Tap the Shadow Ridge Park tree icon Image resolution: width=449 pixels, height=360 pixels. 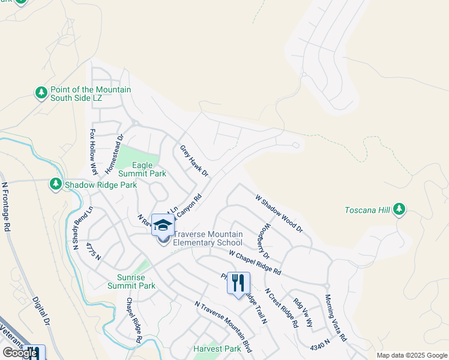pyautogui.click(x=56, y=184)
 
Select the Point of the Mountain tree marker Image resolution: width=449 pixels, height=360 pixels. pyautogui.click(x=41, y=94)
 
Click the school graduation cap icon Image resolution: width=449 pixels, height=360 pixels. pyautogui.click(x=163, y=225)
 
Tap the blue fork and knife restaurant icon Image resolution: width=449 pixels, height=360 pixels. pyautogui.click(x=238, y=283)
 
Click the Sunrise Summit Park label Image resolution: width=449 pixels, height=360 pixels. pyautogui.click(x=131, y=281)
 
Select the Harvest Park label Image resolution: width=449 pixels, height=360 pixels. pyautogui.click(x=217, y=349)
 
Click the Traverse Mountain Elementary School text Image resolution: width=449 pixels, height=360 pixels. pyautogui.click(x=208, y=238)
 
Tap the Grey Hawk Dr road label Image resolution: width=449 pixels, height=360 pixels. pyautogui.click(x=194, y=161)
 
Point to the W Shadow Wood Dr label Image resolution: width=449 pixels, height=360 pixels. pyautogui.click(x=279, y=213)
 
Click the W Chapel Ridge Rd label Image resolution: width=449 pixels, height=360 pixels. pyautogui.click(x=255, y=262)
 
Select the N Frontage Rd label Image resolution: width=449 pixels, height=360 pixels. pyautogui.click(x=7, y=207)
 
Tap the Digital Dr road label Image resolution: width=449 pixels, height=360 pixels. pyautogui.click(x=40, y=310)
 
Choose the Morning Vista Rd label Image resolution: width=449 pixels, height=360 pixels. pyautogui.click(x=336, y=317)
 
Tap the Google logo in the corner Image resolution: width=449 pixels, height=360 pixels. pyautogui.click(x=20, y=353)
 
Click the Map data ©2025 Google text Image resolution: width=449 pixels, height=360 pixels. pyautogui.click(x=412, y=355)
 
